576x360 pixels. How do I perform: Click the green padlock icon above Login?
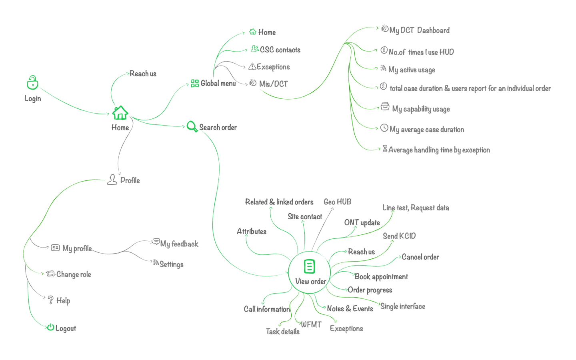pos(32,83)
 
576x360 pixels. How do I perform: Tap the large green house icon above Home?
pos(120,113)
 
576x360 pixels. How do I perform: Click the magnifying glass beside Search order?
pos(192,126)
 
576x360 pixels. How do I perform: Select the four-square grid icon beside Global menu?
pos(195,83)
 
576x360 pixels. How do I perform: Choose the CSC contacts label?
pos(280,50)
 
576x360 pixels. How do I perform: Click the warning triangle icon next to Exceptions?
pos(252,66)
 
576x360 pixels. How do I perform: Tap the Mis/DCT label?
pos(273,84)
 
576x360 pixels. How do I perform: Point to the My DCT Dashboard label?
pos(419,30)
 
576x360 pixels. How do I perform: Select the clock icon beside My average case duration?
pos(384,128)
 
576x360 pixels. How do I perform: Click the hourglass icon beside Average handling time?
pos(385,149)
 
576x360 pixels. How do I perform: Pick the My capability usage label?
pos(421,109)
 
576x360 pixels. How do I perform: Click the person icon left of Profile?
pos(112,180)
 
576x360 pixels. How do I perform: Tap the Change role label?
pos(74,274)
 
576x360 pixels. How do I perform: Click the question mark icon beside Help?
pos(50,300)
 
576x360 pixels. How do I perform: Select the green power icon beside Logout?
pos(50,327)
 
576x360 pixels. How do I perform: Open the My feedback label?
pos(179,244)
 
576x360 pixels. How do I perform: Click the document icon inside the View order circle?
pos(310,266)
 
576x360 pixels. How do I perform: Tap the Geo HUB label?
pos(337,202)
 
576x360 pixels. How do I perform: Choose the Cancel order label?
pos(420,257)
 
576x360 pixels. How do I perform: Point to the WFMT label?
pos(311,324)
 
